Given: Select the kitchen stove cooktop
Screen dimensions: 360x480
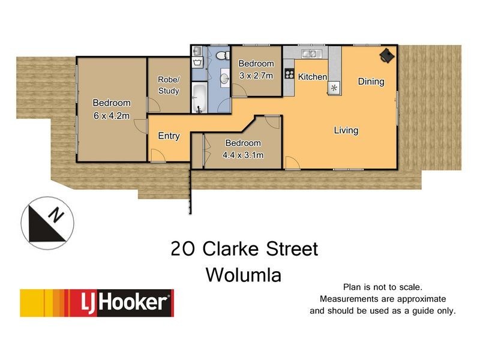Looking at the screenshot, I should coord(289,75).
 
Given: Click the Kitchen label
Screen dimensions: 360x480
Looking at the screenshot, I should coord(313,77).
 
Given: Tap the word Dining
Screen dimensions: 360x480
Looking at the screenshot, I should coord(371,82).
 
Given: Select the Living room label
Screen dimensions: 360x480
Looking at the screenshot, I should coord(346,130).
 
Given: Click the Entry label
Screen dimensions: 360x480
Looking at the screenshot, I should coord(169,136).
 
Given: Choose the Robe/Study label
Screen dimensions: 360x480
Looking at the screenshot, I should coord(169,85).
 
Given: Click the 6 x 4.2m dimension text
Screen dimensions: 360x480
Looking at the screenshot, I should coord(112,116).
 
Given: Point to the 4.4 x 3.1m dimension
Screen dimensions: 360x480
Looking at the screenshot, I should coord(243,155).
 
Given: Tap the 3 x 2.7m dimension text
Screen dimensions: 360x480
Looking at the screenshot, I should coord(256,76).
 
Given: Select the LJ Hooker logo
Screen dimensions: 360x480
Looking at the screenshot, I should coord(97,303).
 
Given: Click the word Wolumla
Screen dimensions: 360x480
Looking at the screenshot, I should coord(244,275).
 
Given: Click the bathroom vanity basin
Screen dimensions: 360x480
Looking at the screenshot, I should coord(223,78).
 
